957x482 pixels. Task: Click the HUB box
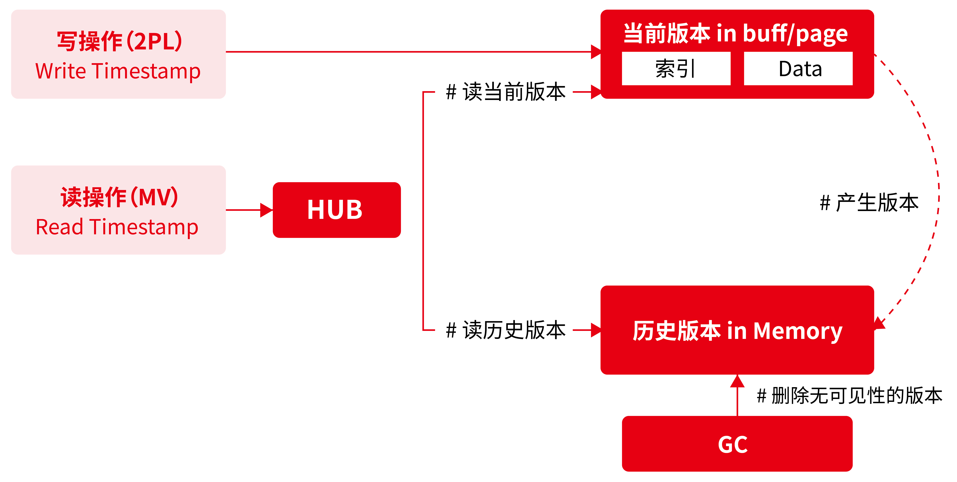click(x=337, y=210)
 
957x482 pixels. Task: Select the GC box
click(x=737, y=444)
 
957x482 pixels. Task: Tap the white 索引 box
click(x=676, y=69)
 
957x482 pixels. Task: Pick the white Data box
click(x=798, y=69)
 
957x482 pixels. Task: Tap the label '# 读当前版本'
click(x=506, y=92)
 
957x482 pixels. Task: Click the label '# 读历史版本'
click(x=506, y=330)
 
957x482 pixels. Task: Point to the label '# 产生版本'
click(x=869, y=203)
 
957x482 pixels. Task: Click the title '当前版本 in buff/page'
click(x=736, y=33)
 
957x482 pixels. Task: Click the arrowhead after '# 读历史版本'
click(x=596, y=330)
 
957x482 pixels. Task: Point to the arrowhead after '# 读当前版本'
click(x=596, y=92)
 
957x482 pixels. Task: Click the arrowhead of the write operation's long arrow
click(x=596, y=52)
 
